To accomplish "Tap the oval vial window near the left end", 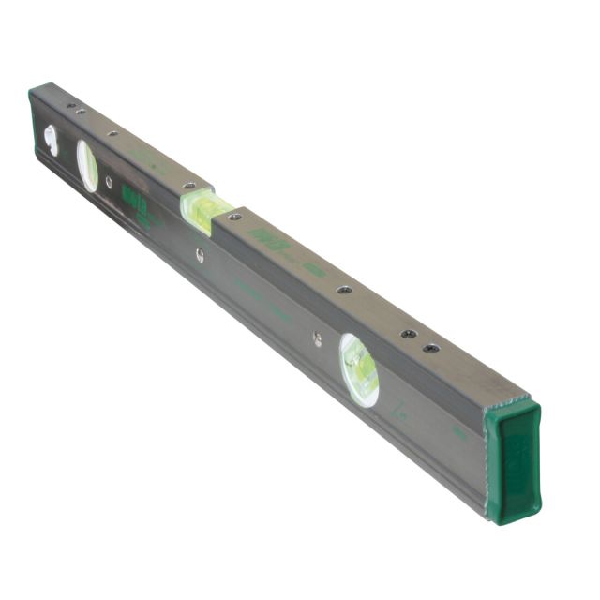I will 86,166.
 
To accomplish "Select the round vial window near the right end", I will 359,369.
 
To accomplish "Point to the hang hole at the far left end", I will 50,141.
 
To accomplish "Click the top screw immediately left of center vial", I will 188,187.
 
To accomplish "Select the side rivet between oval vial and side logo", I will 109,181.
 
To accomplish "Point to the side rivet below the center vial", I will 200,252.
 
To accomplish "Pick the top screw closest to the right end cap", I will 430,348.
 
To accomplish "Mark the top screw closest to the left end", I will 69,105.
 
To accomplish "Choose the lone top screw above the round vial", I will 345,290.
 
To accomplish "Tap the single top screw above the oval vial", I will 112,134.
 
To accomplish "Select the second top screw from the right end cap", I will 408,333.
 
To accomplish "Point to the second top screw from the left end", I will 81,112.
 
